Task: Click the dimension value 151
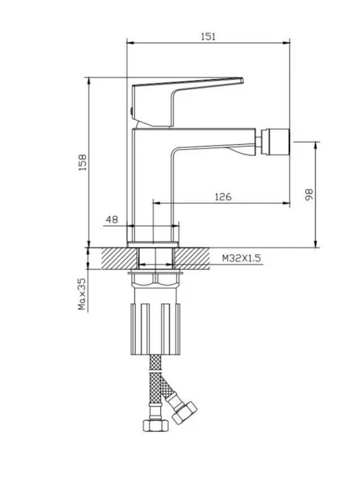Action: click(x=208, y=36)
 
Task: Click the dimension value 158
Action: click(x=83, y=163)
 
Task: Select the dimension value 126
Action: click(x=223, y=197)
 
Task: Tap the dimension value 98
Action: click(x=309, y=195)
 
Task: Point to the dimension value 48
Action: click(x=112, y=219)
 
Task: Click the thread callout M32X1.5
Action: click(x=241, y=259)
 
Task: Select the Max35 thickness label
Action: click(x=82, y=294)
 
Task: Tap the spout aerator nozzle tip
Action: click(x=275, y=142)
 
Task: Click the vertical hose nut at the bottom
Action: click(x=156, y=426)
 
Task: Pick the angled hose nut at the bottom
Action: click(x=184, y=413)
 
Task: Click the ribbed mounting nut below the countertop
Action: click(x=156, y=329)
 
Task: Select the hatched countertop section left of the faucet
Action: click(x=119, y=259)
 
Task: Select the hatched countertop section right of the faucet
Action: click(x=192, y=259)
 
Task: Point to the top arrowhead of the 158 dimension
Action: click(x=88, y=81)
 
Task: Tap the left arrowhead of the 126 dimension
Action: click(x=156, y=203)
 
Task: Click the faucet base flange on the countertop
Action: click(x=153, y=245)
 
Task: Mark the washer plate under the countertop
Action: click(x=156, y=272)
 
